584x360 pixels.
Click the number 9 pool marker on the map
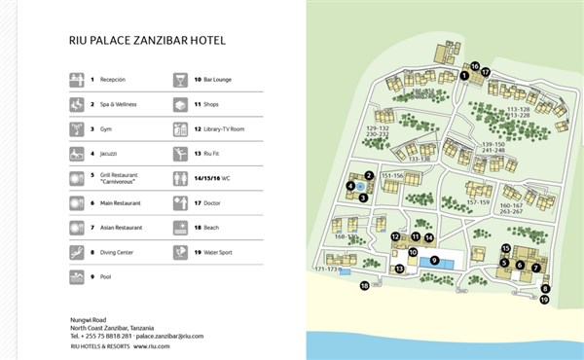tap(435, 260)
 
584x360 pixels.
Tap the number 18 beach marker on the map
tap(364, 286)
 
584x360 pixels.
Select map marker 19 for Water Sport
tap(545, 300)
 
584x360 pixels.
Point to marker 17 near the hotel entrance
tap(485, 73)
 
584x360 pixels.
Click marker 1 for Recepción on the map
tap(464, 76)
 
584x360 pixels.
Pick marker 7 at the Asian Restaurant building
tap(535, 266)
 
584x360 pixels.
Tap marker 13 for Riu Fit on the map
tap(399, 269)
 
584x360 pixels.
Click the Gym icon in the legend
tap(76, 128)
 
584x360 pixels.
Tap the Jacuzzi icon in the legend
tap(76, 154)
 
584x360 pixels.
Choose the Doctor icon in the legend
tap(180, 203)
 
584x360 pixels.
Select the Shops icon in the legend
tap(180, 103)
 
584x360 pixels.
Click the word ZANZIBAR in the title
tap(152, 41)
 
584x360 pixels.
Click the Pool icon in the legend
tap(76, 278)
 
